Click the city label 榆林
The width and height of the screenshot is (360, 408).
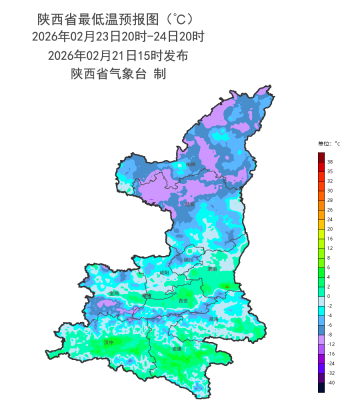tap(190, 164)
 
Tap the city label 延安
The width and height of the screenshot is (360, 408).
tap(189, 204)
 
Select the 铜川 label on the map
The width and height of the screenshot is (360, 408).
tap(188, 260)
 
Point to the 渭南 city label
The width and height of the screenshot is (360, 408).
tap(212, 269)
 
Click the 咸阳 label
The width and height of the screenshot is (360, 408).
tap(164, 273)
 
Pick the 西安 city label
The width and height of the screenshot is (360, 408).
tap(183, 301)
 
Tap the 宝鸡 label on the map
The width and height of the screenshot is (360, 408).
tap(114, 293)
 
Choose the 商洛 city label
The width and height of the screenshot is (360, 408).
tap(213, 319)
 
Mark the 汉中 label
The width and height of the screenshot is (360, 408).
tap(108, 342)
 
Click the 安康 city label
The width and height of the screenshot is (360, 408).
tap(176, 348)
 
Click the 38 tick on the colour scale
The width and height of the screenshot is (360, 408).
tap(330, 162)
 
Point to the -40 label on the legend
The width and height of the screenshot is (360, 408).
tap(331, 382)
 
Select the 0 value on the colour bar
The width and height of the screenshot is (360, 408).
tap(328, 296)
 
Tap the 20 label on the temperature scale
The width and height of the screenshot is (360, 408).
tap(330, 229)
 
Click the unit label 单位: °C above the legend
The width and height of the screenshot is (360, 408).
tap(328, 144)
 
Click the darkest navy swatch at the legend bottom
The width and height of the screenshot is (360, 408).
tap(321, 387)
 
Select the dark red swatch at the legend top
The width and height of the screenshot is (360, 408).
tap(321, 157)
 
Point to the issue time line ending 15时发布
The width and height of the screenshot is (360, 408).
tap(118, 55)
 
